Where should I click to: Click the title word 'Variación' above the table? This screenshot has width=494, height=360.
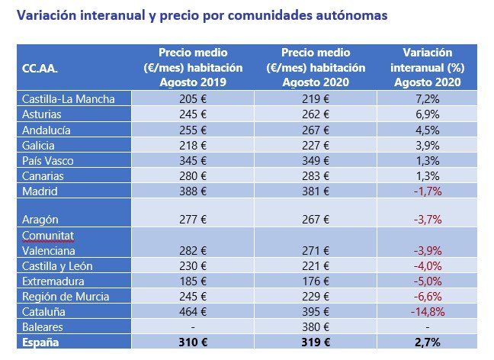click(x=47, y=14)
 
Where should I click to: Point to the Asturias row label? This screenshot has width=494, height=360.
click(x=43, y=114)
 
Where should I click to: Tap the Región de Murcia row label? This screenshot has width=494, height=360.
click(x=66, y=296)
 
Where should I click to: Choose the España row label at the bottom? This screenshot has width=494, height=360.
click(x=41, y=342)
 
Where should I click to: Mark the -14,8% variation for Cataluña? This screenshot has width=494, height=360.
click(x=428, y=312)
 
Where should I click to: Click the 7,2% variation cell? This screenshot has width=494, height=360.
click(x=428, y=99)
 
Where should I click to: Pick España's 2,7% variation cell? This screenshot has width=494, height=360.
click(x=428, y=342)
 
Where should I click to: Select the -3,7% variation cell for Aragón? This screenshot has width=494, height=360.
click(x=428, y=219)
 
